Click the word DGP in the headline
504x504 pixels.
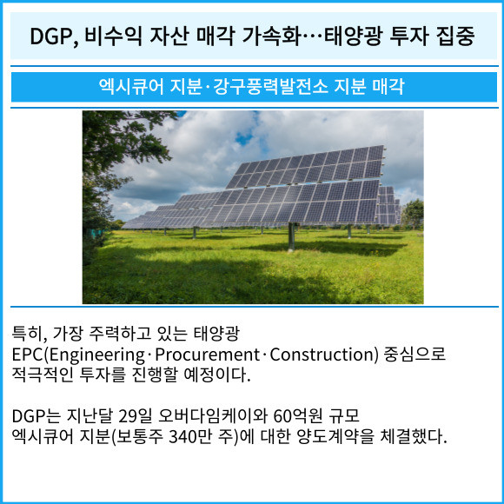52,36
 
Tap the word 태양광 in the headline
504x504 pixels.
353,36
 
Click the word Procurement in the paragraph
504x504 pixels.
208,355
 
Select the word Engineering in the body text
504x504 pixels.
96,355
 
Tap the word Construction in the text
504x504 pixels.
322,355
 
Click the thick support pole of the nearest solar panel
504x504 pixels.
291,236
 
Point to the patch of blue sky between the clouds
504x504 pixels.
244,139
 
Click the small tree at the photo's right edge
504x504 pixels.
413,213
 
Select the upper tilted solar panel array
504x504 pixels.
305,167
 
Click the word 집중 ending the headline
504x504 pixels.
455,36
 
